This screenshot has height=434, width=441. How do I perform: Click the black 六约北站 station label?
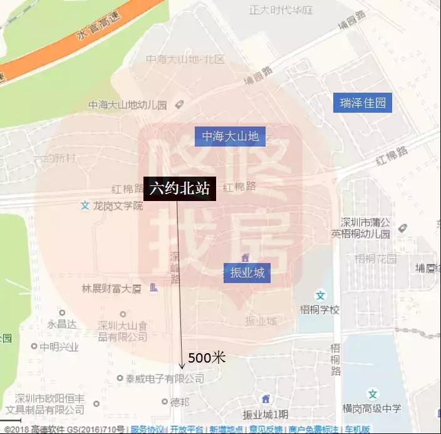tap(180, 189)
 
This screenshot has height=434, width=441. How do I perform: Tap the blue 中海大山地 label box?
tap(230, 136)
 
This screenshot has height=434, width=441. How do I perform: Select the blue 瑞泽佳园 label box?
tap(362, 103)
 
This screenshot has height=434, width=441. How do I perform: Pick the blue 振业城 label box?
tap(247, 272)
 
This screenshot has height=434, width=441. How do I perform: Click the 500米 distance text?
tap(206, 358)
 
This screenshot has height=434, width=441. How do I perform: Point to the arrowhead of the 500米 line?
tap(182, 366)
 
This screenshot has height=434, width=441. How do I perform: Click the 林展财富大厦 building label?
tap(112, 289)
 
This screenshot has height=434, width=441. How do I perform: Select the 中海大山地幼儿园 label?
tap(127, 105)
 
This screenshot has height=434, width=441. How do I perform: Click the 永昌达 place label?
tap(62, 324)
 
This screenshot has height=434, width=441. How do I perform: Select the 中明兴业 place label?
tap(59, 346)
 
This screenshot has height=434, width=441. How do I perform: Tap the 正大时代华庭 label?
tap(281, 10)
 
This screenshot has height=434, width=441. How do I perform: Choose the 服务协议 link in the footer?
tap(147, 429)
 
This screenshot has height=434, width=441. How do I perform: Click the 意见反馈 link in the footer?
tap(266, 429)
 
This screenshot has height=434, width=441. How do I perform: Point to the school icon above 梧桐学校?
tap(320, 295)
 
